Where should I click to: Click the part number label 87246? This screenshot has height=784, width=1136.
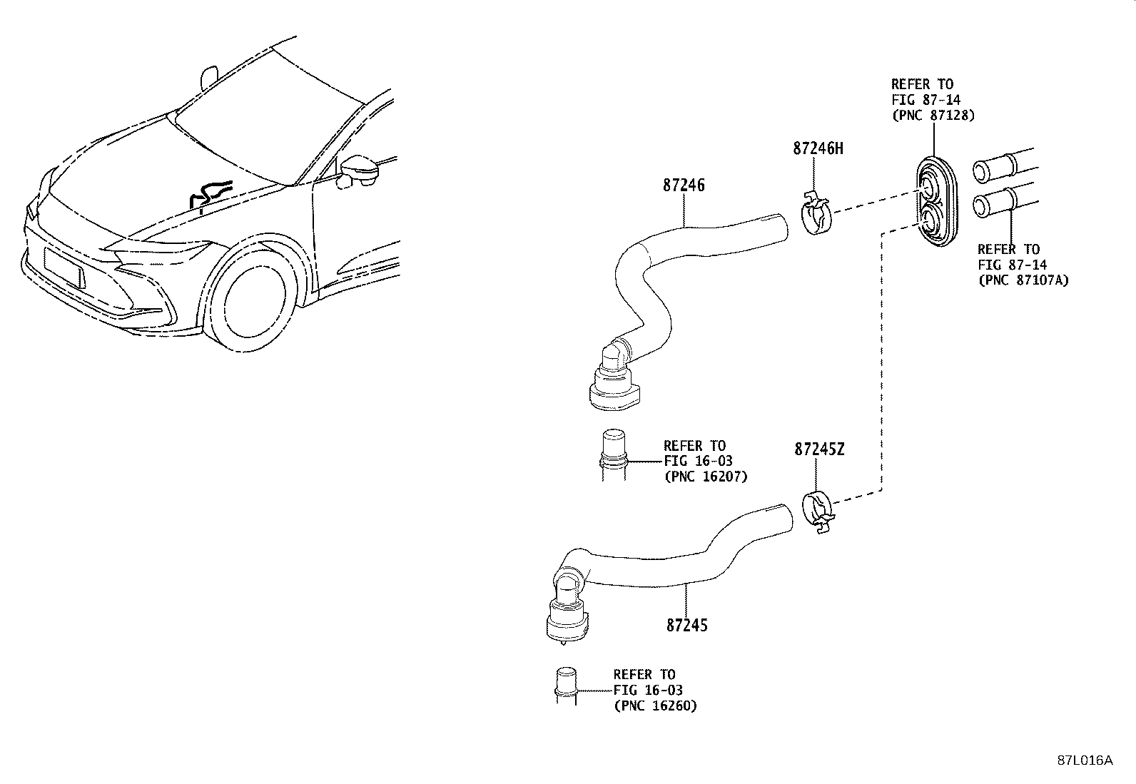click(683, 185)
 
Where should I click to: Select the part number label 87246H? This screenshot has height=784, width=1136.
click(817, 148)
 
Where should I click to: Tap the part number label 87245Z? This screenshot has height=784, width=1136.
click(819, 449)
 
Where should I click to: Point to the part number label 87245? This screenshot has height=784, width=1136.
click(686, 625)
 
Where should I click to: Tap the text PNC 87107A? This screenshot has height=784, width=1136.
click(1023, 280)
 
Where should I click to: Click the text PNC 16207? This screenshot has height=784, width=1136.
click(705, 477)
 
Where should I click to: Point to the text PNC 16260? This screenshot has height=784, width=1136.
click(655, 706)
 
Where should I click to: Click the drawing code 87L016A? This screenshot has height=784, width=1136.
click(1085, 760)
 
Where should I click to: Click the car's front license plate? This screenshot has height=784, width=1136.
click(64, 268)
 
